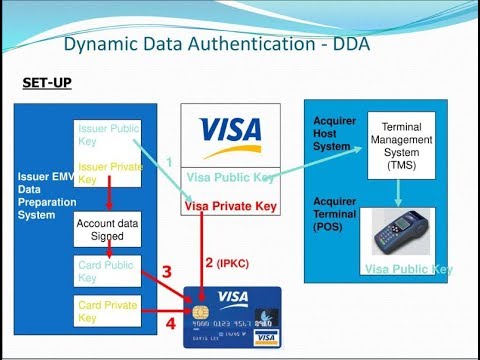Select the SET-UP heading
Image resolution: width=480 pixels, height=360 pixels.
(47, 82)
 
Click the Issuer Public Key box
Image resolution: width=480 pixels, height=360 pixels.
(108, 135)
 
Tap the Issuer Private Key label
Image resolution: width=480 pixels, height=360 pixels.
(108, 172)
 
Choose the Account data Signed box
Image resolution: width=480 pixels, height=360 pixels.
(107, 230)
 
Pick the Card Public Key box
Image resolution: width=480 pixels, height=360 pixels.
(107, 272)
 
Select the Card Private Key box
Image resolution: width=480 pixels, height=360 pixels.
(107, 310)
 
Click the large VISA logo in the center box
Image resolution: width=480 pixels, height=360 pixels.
(230, 132)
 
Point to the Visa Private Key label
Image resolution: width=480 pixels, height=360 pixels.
(230, 207)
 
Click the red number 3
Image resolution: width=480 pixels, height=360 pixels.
(166, 271)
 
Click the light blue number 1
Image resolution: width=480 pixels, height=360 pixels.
(170, 161)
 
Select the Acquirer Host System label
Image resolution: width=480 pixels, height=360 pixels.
(334, 134)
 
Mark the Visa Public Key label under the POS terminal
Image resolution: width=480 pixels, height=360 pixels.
(408, 269)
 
